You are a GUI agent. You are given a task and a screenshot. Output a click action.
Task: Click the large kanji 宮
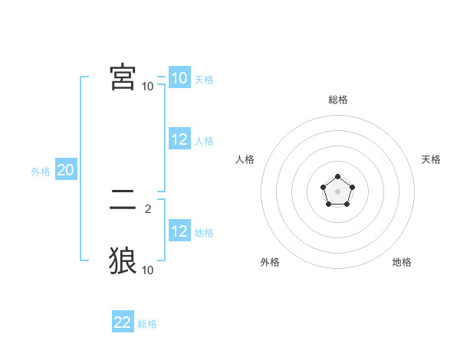tap(123, 77)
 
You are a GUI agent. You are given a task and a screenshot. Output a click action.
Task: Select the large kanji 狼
tap(123, 260)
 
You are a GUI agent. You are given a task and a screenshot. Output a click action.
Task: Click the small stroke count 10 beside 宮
tap(148, 86)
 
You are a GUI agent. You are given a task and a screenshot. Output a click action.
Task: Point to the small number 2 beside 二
tap(148, 208)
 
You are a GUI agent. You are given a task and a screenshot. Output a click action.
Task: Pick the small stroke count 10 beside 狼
tap(148, 270)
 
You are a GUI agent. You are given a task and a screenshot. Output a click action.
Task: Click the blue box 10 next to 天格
tap(179, 78)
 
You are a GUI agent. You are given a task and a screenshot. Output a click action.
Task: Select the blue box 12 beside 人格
tap(179, 139)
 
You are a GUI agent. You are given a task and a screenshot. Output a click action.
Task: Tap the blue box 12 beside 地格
tap(179, 231)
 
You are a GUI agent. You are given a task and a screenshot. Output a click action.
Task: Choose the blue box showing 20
tap(65, 170)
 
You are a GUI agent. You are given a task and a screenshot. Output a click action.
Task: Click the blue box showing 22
tap(123, 322)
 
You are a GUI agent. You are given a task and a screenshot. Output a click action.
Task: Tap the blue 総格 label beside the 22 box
tap(147, 324)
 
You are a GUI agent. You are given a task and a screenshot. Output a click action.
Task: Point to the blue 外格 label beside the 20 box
tap(41, 172)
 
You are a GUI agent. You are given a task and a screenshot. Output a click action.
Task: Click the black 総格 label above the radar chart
tap(337, 100)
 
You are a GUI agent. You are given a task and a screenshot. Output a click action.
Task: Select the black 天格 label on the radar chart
tap(432, 159)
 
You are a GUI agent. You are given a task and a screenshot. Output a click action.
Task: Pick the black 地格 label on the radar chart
tap(402, 262)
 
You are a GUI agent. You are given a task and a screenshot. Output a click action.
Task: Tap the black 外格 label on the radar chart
tap(270, 262)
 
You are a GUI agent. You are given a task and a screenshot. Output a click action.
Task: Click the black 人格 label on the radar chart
tap(245, 159)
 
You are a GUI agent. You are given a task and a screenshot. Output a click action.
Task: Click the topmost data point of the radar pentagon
tap(337, 177)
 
